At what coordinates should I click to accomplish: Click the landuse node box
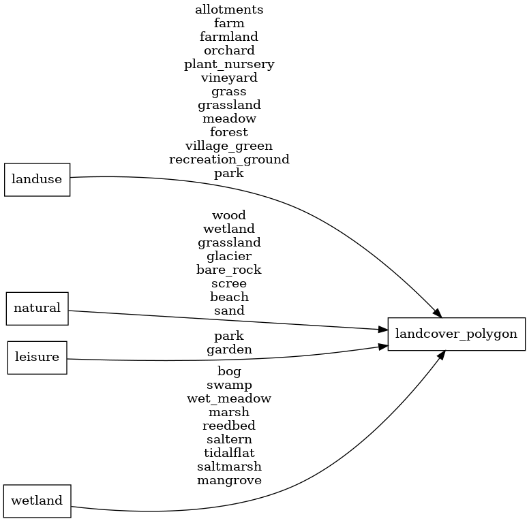pyautogui.click(x=37, y=180)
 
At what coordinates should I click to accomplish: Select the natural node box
pyautogui.click(x=37, y=308)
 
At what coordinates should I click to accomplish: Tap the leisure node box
pyautogui.click(x=37, y=358)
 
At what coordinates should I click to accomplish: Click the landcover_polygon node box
pyautogui.click(x=456, y=334)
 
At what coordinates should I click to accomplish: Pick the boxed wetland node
pyautogui.click(x=37, y=501)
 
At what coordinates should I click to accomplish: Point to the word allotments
pyautogui.click(x=229, y=10)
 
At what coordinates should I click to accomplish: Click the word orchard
pyautogui.click(x=229, y=50)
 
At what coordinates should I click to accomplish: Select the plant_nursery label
pyautogui.click(x=229, y=64)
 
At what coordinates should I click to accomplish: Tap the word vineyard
pyautogui.click(x=229, y=78)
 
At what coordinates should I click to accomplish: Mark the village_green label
pyautogui.click(x=229, y=146)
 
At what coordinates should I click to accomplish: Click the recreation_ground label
pyautogui.click(x=229, y=159)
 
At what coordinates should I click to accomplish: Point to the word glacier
pyautogui.click(x=229, y=256)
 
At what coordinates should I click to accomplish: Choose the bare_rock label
pyautogui.click(x=229, y=270)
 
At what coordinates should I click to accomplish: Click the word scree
pyautogui.click(x=229, y=283)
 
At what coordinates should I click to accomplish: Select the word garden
pyautogui.click(x=229, y=349)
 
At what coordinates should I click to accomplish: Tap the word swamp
pyautogui.click(x=229, y=385)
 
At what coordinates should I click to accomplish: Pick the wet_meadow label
pyautogui.click(x=229, y=398)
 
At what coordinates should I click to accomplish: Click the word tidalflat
pyautogui.click(x=229, y=453)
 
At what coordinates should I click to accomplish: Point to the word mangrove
pyautogui.click(x=229, y=480)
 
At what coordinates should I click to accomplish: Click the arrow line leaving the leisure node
pyautogui.click(x=205, y=360)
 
